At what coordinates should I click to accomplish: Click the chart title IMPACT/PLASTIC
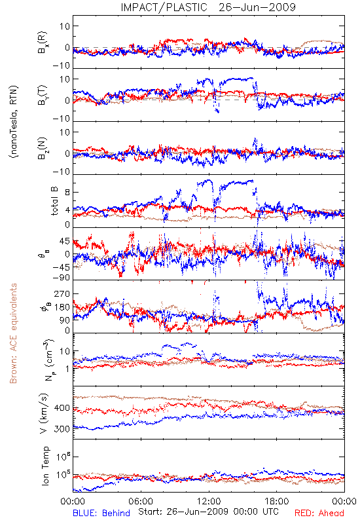coord(164,7)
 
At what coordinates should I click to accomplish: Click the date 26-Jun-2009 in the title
coord(257,7)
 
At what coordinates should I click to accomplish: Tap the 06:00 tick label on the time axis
coord(141,501)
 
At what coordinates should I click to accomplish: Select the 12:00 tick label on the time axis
coord(209,501)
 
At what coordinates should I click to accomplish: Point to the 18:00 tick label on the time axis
coord(277,501)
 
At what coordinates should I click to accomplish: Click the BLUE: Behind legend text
coord(101,513)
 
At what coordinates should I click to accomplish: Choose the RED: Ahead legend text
coord(319,513)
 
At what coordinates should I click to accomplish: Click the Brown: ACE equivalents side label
coord(13,333)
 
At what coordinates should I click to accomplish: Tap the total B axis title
coord(54,201)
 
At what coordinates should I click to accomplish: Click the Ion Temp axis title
coord(45,466)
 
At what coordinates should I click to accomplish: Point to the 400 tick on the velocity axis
coord(62,408)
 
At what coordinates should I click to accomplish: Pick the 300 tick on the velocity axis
coord(62,429)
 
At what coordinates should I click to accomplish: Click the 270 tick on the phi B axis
coord(62,293)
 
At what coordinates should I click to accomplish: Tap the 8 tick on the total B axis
coord(67,192)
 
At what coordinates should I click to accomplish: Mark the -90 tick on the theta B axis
coord(61,278)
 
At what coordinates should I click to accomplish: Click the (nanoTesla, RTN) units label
coord(14,121)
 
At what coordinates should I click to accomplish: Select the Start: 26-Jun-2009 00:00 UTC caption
coord(208,512)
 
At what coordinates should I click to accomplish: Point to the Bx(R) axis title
coord(43,43)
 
